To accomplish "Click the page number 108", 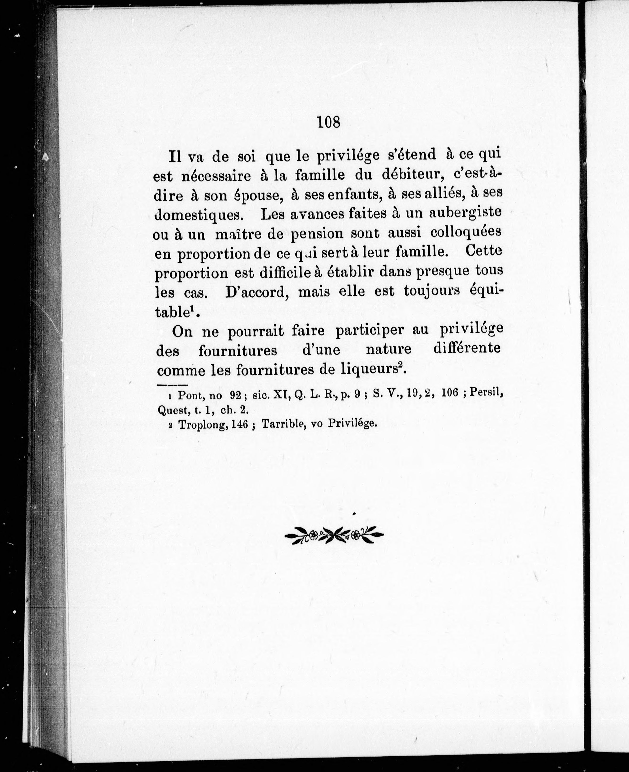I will coord(329,122).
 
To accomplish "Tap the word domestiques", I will coord(198,215).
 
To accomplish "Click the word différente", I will coord(467,349).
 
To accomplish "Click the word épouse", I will coord(258,196).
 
